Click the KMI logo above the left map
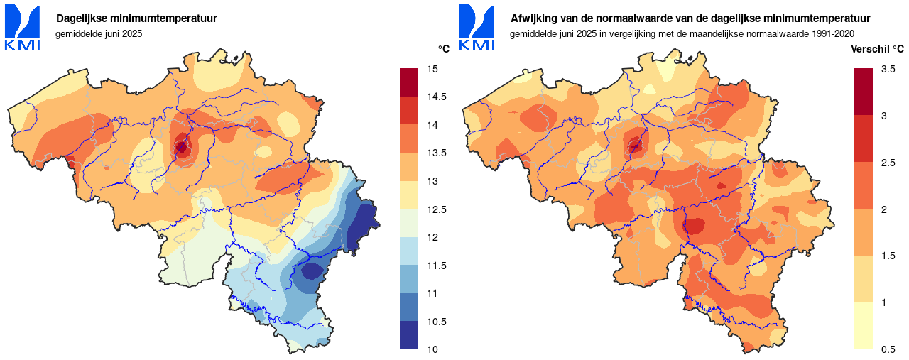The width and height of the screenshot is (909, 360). pyautogui.click(x=23, y=28)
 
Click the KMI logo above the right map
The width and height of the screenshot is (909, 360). pyautogui.click(x=477, y=28)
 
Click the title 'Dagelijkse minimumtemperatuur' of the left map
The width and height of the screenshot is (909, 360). pyautogui.click(x=136, y=18)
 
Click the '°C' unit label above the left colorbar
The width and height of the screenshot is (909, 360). pyautogui.click(x=443, y=49)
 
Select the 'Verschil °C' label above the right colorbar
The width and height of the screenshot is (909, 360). pyautogui.click(x=878, y=49)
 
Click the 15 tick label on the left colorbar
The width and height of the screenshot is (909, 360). pyautogui.click(x=432, y=69)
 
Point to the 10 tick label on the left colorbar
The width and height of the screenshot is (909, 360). pyautogui.click(x=432, y=349)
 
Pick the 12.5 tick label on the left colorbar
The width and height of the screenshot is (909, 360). pyautogui.click(x=436, y=209)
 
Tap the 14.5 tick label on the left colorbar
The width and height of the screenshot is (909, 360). pyautogui.click(x=436, y=97)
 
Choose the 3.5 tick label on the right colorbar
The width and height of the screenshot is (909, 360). pyautogui.click(x=888, y=69)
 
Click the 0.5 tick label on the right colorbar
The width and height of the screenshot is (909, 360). pyautogui.click(x=888, y=349)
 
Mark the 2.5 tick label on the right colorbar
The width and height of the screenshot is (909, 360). pyautogui.click(x=888, y=163)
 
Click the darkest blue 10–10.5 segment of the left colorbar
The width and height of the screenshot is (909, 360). pyautogui.click(x=410, y=335)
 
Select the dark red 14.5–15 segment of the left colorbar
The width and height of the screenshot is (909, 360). pyautogui.click(x=410, y=82)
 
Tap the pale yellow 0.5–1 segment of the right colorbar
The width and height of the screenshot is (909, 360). pyautogui.click(x=864, y=326)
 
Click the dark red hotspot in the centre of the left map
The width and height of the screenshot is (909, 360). pyautogui.click(x=182, y=147)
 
